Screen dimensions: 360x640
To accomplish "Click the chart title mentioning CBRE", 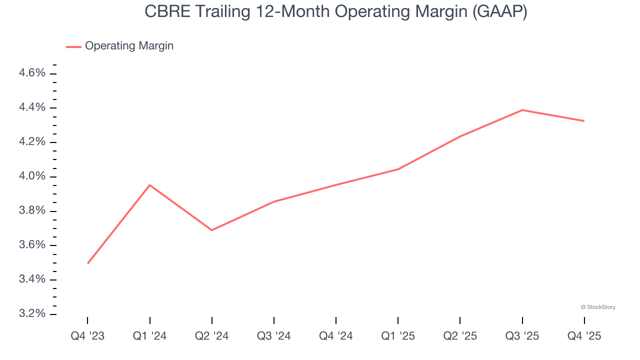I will click(x=335, y=11).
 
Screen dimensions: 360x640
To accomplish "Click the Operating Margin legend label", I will click(x=129, y=46).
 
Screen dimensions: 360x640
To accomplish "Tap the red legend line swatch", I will click(x=73, y=46).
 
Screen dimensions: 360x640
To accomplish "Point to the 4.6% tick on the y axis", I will click(x=32, y=73).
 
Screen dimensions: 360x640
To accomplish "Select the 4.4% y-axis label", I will click(x=32, y=108).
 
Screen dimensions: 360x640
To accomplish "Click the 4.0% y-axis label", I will click(x=32, y=176).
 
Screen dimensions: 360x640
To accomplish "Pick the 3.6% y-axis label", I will click(x=32, y=245).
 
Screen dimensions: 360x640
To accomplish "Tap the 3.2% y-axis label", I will click(x=32, y=313).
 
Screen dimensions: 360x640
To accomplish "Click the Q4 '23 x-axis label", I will click(x=87, y=336).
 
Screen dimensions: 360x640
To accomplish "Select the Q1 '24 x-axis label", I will click(x=149, y=336).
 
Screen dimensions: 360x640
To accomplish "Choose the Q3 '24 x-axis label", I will click(x=274, y=336).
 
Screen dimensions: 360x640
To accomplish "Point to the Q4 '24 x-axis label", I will click(x=336, y=336).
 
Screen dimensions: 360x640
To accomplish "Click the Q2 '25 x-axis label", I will click(x=460, y=336).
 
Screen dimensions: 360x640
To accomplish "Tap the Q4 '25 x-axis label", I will click(x=584, y=336).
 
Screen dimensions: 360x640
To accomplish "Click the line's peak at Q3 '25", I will click(x=522, y=110).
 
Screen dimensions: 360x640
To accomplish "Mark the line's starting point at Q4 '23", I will click(x=88, y=263).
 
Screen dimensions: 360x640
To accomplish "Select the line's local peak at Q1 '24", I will click(x=149, y=185).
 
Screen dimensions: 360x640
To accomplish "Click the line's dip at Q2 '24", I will click(x=212, y=230).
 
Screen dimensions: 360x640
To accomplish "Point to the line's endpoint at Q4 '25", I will click(x=584, y=121).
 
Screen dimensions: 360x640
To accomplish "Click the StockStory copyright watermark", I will click(x=598, y=307).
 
